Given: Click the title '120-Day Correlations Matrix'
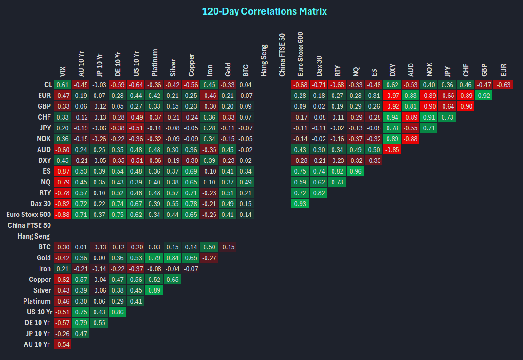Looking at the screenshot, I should [264, 11].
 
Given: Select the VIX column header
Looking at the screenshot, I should [63, 71].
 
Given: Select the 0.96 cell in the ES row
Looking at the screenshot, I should [355, 171].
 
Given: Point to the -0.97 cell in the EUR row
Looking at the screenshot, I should [392, 96].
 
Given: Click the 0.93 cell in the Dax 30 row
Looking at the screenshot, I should [300, 204].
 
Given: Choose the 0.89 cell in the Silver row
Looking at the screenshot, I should [153, 290].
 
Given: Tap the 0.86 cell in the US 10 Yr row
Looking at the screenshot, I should [117, 312].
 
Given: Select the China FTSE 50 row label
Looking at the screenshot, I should [29, 225].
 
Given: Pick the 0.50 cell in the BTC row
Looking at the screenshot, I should [208, 247].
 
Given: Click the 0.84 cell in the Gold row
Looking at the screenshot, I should [172, 258].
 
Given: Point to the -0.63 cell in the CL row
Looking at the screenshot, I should [503, 85].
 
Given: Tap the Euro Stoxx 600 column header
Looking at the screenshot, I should [301, 54].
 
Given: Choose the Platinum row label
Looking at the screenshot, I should [37, 301].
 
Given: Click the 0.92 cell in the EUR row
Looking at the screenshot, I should [484, 96].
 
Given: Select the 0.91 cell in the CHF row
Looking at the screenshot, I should [428, 117].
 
